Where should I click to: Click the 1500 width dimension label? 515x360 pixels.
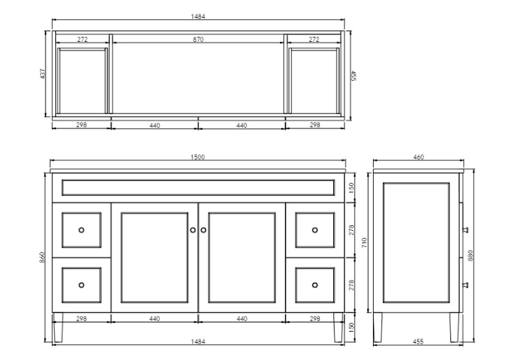[197, 157]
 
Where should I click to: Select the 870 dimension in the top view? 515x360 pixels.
[198, 39]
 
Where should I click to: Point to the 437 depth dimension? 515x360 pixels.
[43, 74]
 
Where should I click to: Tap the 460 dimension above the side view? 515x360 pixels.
[418, 157]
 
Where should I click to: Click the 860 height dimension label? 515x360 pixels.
[42, 257]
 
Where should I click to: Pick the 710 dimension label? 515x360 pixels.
[364, 243]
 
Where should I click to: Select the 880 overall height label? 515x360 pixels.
[470, 256]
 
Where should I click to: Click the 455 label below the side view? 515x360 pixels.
[418, 342]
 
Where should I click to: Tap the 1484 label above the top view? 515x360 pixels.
[198, 16]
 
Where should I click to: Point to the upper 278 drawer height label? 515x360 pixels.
[352, 230]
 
